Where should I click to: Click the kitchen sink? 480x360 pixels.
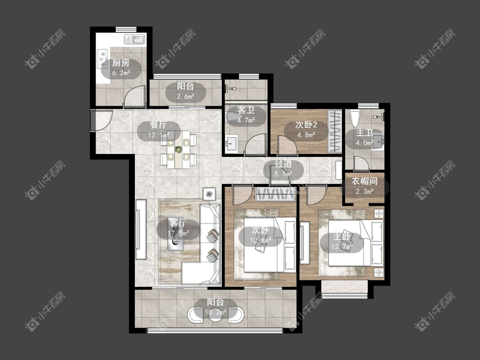[x=134, y=40]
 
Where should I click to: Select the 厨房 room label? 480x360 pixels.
[x=121, y=63]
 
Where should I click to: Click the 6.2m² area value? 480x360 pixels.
[x=121, y=73]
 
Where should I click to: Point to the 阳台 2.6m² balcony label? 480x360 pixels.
[x=186, y=91]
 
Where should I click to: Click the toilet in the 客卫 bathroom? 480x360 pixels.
[x=235, y=117]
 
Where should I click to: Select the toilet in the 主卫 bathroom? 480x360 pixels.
[x=355, y=119]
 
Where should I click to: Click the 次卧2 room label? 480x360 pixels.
[x=306, y=125]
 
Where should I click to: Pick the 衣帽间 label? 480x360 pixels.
[x=364, y=181]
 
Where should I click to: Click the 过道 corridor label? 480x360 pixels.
[x=283, y=164]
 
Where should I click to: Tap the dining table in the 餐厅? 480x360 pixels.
[x=178, y=150]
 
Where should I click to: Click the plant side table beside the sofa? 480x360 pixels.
[x=209, y=194]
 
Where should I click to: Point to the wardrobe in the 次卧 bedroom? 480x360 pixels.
[x=275, y=195]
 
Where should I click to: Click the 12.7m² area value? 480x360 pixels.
[x=342, y=247]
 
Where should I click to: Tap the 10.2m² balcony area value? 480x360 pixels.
[x=216, y=312]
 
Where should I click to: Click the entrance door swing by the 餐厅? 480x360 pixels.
[x=102, y=120]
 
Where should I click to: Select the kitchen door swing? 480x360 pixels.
[x=134, y=96]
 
